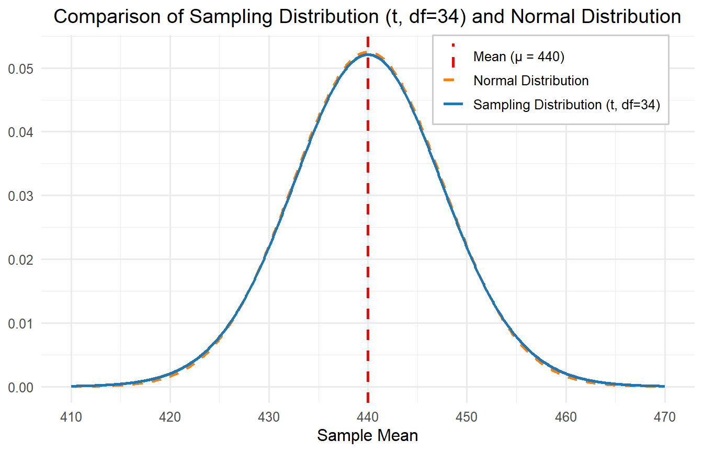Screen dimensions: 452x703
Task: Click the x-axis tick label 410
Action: point(71,417)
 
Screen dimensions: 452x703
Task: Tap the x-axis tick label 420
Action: point(170,417)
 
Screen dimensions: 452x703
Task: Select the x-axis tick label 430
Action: point(269,417)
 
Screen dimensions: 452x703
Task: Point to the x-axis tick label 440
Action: point(368,417)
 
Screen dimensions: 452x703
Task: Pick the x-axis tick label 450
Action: point(467,417)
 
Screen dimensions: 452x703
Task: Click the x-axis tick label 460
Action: point(565,417)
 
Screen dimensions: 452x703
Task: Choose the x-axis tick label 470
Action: point(664,417)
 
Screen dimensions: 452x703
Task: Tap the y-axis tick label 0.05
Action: point(19,69)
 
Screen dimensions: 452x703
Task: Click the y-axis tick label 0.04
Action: point(19,132)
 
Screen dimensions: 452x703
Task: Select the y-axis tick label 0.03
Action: point(19,196)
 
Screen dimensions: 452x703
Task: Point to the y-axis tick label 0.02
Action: point(19,259)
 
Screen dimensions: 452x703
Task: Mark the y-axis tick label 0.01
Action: point(19,323)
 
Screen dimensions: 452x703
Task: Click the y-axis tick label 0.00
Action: point(19,387)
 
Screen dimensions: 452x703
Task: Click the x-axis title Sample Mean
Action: point(368,436)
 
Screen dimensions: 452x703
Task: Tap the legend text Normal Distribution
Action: point(531,81)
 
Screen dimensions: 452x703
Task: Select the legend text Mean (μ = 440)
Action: point(518,56)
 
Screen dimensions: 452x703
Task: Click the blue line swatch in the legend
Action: point(453,105)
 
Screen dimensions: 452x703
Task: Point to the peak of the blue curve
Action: point(368,54)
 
